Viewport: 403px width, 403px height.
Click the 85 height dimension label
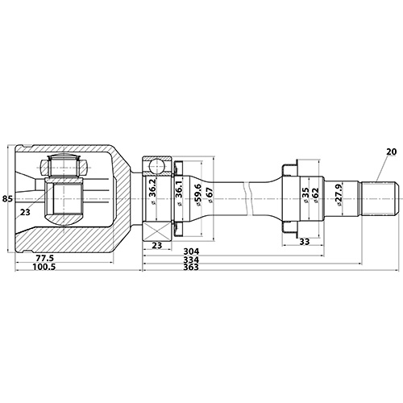[7, 198]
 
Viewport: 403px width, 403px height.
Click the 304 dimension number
[190, 251]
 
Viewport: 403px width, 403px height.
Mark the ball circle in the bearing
[158, 168]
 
